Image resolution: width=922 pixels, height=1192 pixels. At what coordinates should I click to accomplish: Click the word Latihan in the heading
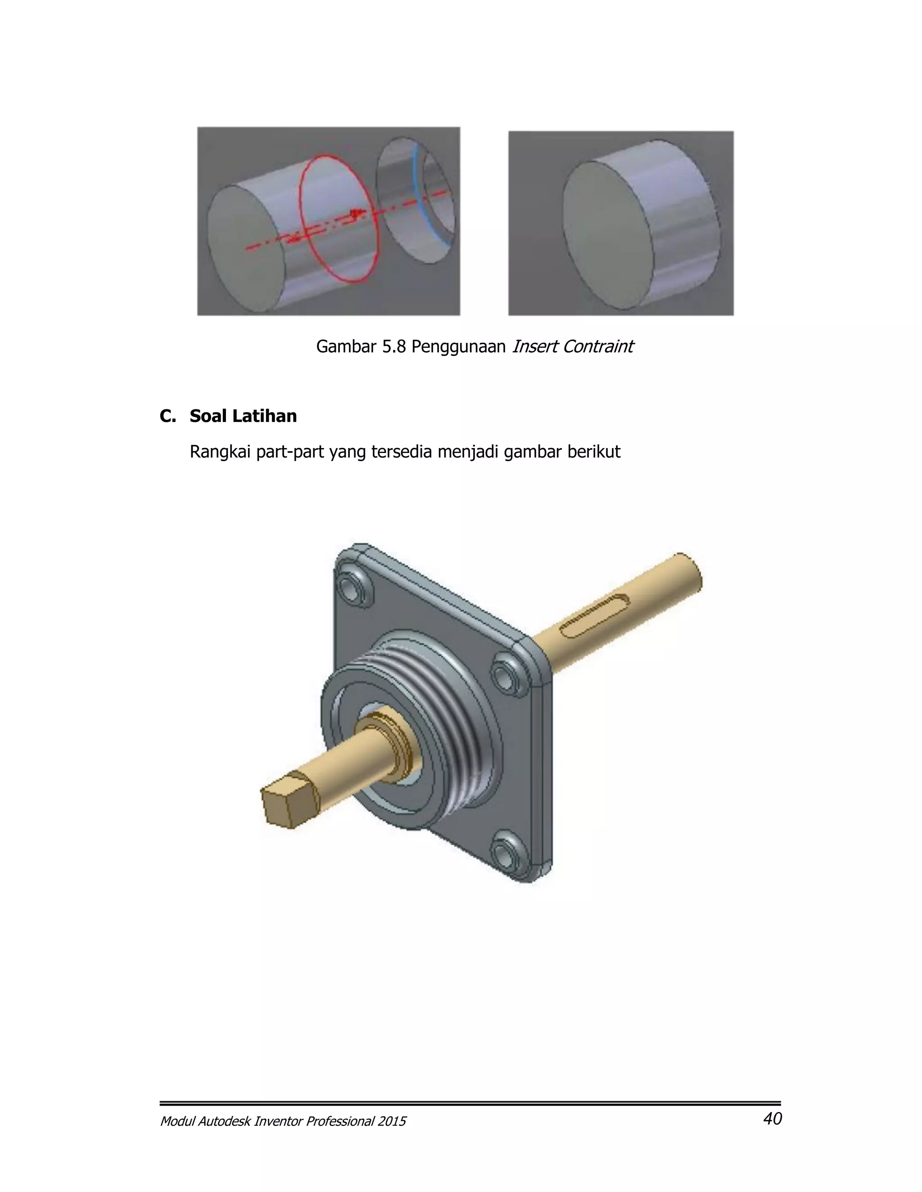264,416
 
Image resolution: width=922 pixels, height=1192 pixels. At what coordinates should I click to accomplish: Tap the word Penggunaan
458,346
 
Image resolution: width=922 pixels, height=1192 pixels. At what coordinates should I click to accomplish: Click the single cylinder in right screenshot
639,224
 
